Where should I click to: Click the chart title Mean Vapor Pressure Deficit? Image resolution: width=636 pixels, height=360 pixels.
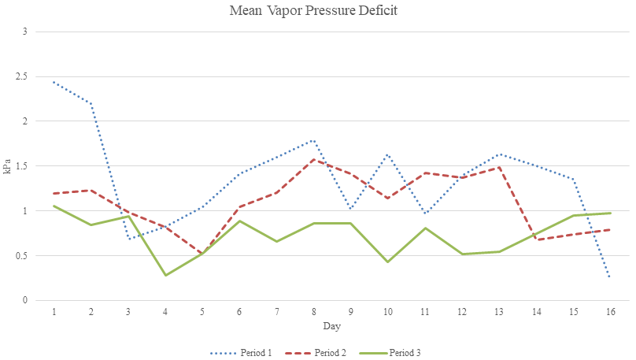[318, 11]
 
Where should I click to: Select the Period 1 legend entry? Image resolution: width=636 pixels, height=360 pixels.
[240, 352]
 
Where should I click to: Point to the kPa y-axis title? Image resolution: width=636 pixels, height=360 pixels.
[8, 165]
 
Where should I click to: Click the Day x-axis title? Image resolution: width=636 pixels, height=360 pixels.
[331, 325]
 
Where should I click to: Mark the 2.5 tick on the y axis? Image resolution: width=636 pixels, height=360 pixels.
[26, 76]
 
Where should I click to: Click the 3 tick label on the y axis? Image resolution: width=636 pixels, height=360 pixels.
[24, 32]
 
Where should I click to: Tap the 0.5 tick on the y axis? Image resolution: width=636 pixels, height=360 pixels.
[26, 255]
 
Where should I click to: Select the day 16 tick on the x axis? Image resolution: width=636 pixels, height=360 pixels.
[611, 312]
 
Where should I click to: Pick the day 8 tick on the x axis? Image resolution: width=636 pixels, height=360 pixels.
[314, 312]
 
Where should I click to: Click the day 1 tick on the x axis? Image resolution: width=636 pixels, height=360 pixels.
[54, 312]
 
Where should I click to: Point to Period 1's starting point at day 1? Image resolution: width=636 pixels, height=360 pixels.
[54, 82]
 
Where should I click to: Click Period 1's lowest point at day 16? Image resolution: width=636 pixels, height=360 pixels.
[611, 277]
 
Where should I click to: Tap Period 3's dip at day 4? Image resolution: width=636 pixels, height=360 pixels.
[165, 275]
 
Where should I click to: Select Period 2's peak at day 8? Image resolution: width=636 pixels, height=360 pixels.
[314, 159]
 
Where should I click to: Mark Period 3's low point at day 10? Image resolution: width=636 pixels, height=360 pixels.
[388, 262]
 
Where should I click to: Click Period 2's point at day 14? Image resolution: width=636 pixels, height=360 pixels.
[537, 239]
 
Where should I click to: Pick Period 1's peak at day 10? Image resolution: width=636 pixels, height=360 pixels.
[388, 154]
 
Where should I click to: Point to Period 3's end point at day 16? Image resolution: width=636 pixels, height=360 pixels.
[611, 213]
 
